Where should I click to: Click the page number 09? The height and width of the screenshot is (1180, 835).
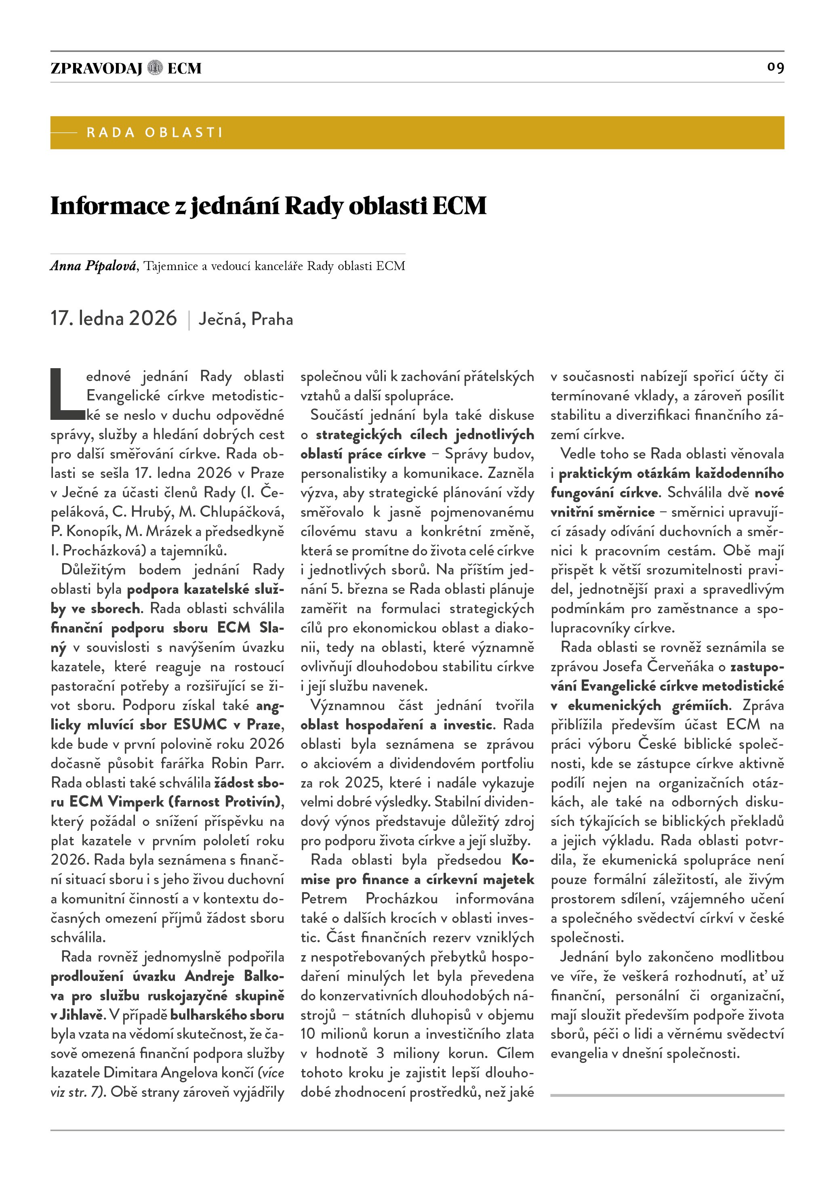tap(775, 67)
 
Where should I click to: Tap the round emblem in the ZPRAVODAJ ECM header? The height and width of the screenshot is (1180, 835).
tap(155, 68)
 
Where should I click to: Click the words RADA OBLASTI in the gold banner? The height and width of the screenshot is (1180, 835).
tap(154, 132)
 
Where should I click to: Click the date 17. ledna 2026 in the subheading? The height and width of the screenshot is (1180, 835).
tap(114, 319)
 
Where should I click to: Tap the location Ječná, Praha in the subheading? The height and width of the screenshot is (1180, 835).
tap(246, 320)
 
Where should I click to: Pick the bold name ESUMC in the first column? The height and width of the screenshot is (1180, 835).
tap(200, 725)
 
